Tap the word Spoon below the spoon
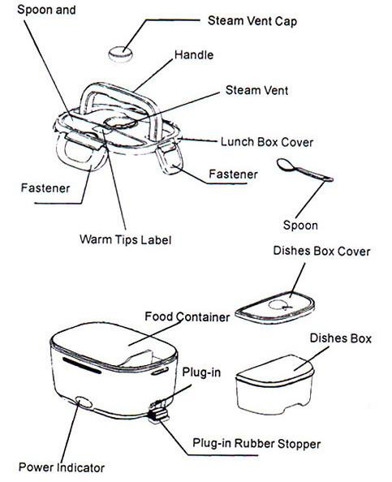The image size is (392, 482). click(x=299, y=225)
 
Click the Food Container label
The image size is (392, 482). click(x=187, y=316)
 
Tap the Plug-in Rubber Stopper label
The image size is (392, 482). click(x=256, y=443)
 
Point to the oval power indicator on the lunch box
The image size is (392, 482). click(x=81, y=401)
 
